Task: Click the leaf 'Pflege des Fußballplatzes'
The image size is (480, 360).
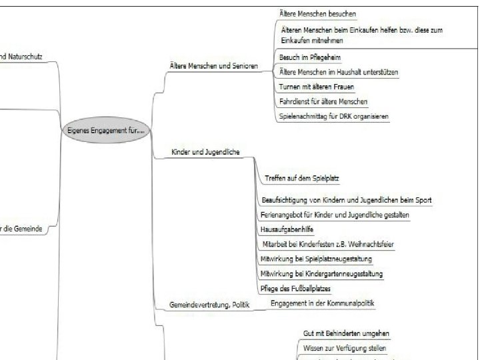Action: tap(295, 289)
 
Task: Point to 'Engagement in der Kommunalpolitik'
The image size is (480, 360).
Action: tap(322, 303)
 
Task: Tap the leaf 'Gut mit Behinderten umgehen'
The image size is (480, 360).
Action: tap(346, 333)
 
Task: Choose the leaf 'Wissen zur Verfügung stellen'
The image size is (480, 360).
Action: tap(344, 348)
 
